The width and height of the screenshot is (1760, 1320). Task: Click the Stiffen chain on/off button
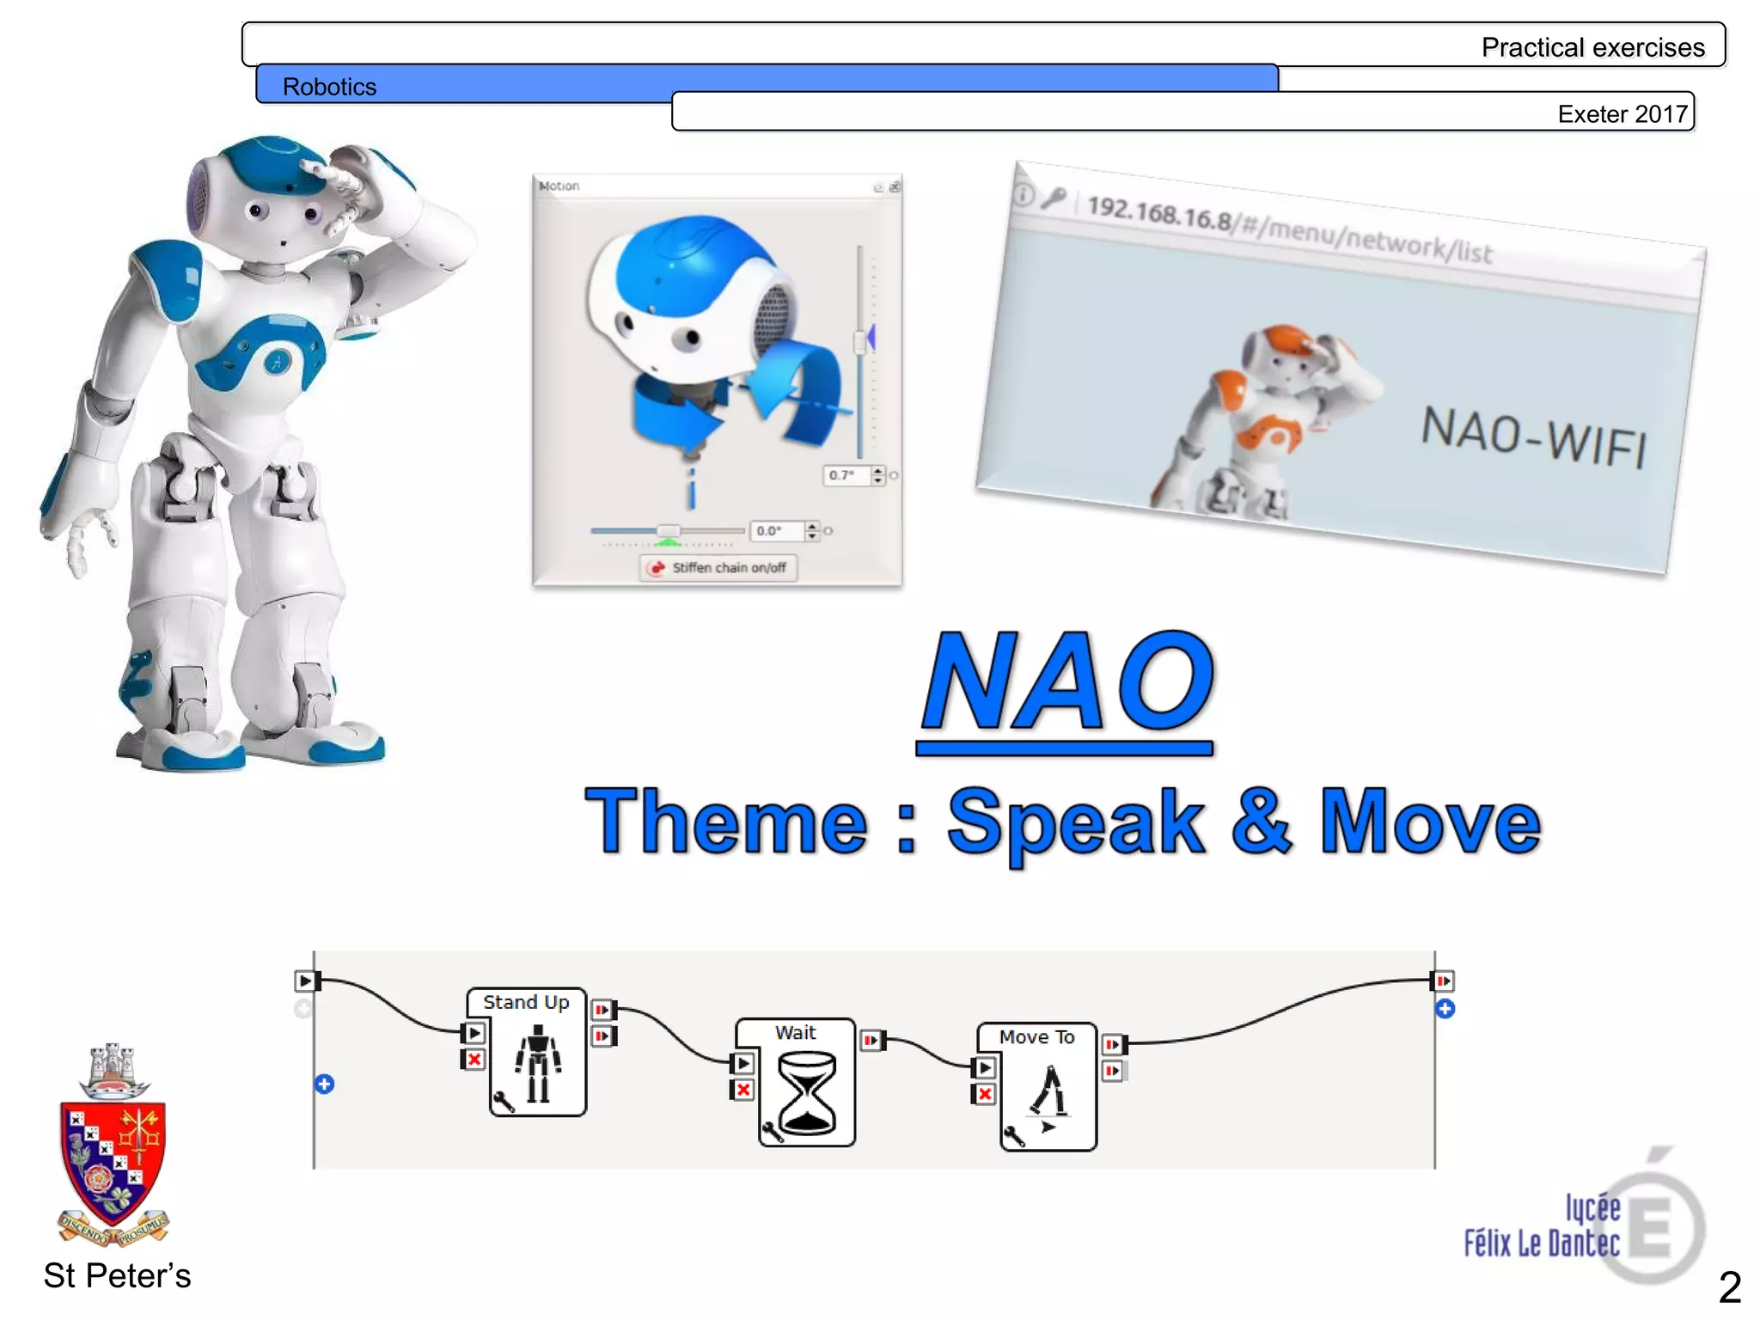point(718,568)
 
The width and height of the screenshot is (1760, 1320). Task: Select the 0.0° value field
point(776,531)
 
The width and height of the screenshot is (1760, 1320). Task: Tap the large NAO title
point(1066,683)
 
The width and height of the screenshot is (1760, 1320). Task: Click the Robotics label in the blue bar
point(329,87)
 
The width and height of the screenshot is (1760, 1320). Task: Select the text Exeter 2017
point(1622,114)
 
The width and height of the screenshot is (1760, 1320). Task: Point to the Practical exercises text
point(1592,47)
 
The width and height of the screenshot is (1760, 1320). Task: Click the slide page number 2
point(1729,1286)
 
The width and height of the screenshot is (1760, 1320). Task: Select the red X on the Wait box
point(743,1091)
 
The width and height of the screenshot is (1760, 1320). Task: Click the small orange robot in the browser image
point(1263,421)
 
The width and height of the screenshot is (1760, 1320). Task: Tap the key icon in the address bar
point(1054,199)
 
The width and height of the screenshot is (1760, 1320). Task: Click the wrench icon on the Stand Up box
point(504,1102)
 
